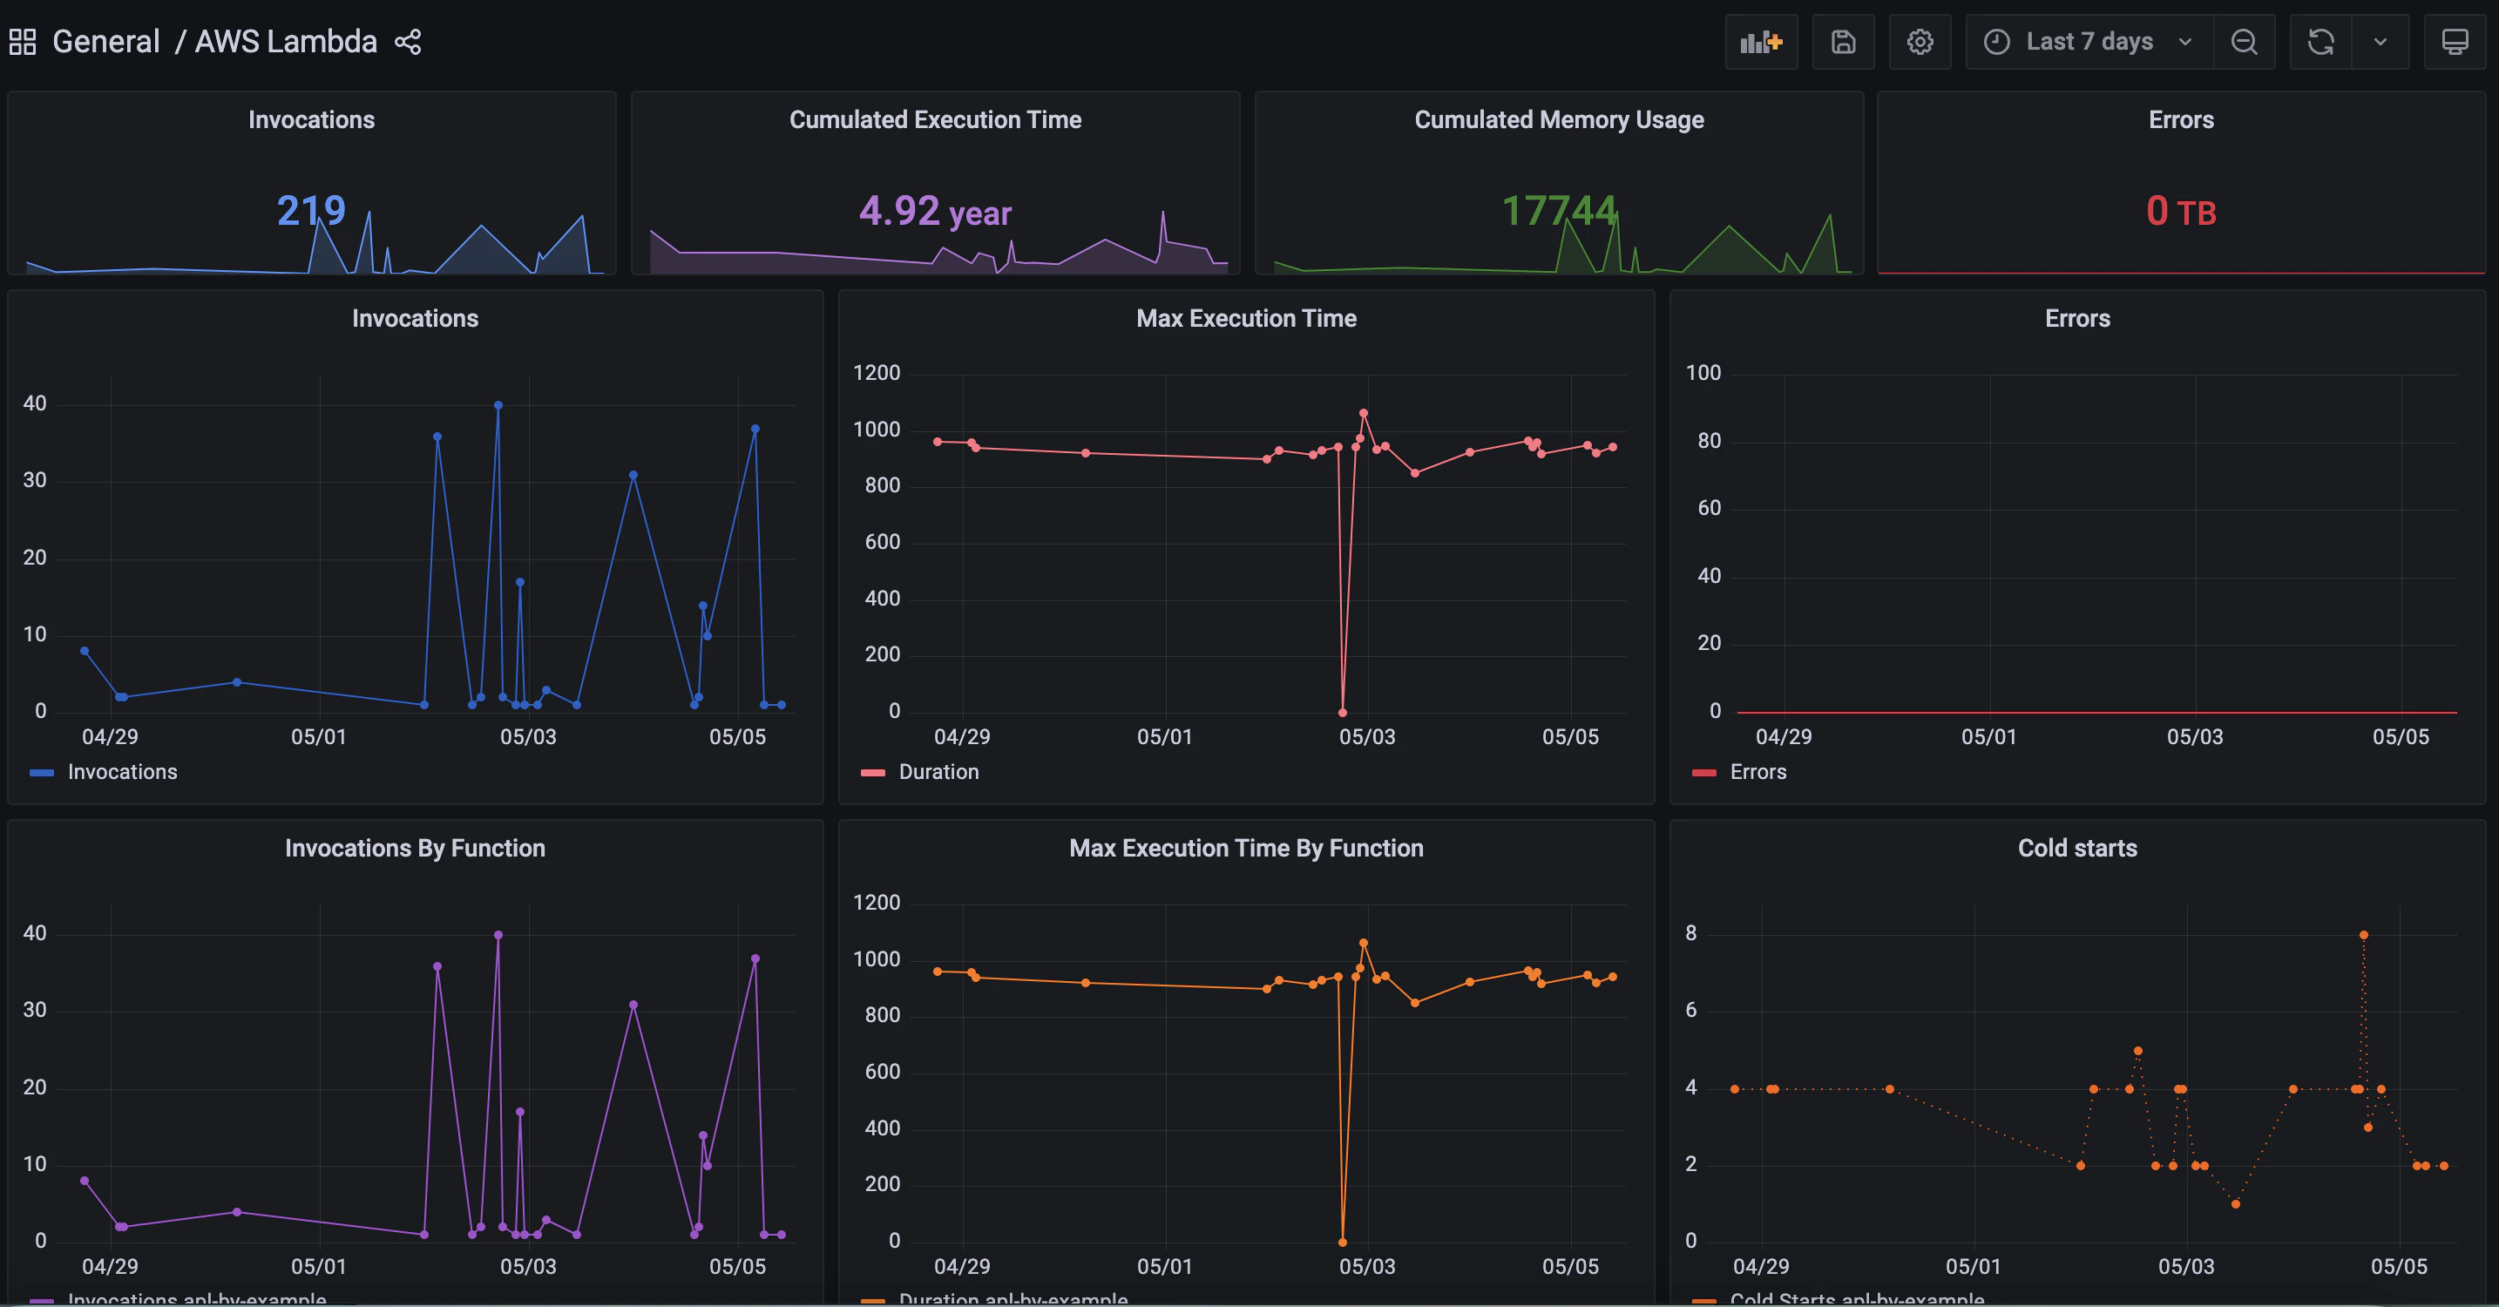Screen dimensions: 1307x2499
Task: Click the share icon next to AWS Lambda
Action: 408,42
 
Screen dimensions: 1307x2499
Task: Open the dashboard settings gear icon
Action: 1920,42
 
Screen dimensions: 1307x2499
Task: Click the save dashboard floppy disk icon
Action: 1843,42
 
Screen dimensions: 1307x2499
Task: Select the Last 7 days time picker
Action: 2089,42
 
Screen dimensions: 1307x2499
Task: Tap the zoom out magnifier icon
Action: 2244,42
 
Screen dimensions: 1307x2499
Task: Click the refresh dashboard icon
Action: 2320,42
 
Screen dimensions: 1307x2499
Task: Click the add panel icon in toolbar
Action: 1761,42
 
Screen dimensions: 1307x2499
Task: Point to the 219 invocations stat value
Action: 310,211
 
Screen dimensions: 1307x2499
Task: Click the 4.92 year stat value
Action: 935,212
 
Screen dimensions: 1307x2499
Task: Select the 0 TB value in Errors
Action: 2181,212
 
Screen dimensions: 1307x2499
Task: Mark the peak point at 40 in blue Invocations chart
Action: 498,405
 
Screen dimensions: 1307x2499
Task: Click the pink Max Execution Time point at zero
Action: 1343,712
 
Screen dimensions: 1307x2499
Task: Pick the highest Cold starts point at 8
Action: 2364,935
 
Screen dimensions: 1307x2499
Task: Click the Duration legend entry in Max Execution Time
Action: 938,772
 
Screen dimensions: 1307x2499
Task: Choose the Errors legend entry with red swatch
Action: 1757,772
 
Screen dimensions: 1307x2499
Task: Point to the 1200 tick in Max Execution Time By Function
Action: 876,904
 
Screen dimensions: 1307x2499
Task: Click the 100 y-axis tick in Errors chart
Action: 1703,374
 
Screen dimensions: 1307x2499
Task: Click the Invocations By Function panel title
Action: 416,848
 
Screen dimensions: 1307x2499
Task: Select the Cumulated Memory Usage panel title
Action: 1559,119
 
